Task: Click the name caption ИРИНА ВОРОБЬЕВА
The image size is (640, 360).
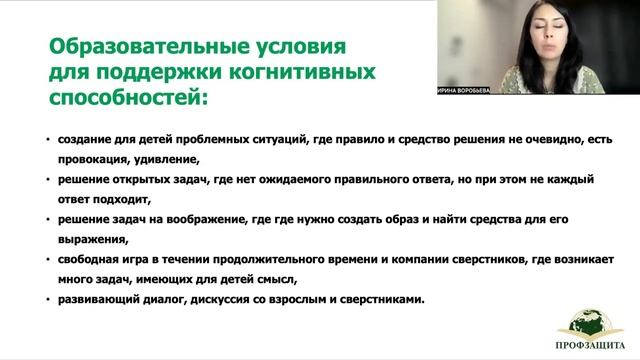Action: click(469, 87)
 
